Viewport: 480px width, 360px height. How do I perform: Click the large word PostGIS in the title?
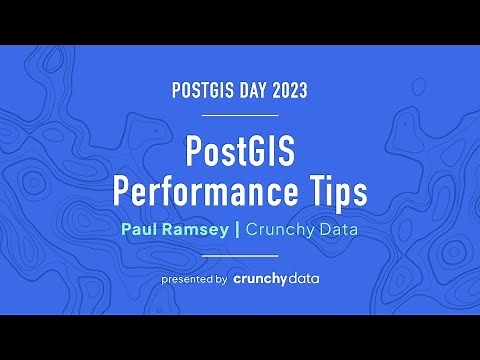click(x=240, y=153)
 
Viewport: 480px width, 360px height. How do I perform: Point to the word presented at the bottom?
click(x=187, y=278)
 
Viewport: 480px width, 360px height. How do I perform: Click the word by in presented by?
click(x=221, y=278)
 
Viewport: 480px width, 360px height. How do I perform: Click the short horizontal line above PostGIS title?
click(x=240, y=115)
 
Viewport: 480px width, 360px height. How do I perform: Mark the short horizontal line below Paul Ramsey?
click(x=240, y=254)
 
